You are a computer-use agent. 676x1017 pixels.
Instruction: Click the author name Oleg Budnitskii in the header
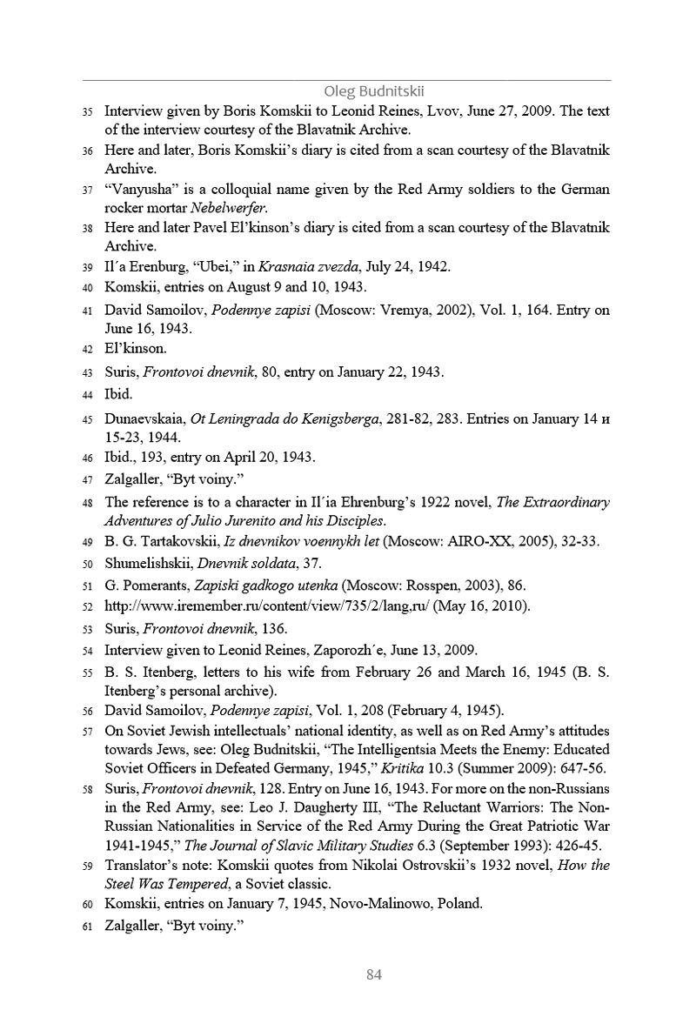373,91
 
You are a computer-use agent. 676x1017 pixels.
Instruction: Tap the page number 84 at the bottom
373,974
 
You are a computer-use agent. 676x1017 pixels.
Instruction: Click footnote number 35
87,112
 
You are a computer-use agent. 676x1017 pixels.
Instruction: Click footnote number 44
87,395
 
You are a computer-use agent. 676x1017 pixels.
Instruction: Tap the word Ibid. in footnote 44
118,394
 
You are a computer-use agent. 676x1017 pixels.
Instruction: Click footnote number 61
87,927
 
